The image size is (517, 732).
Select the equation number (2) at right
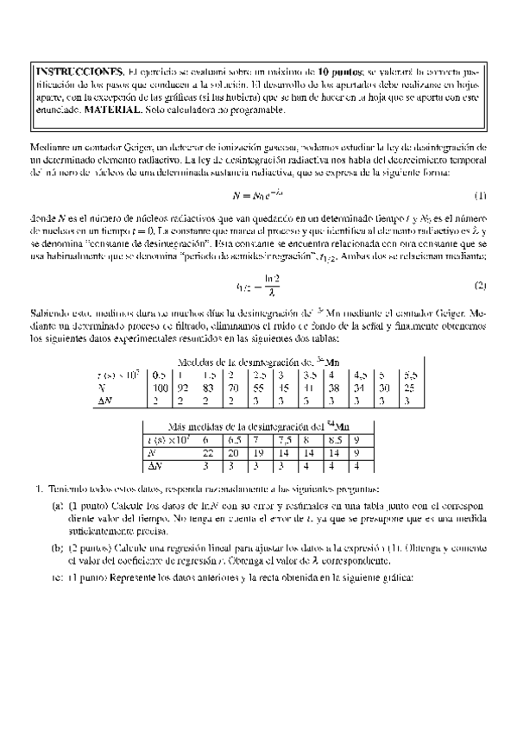[481, 262]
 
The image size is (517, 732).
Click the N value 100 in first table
[159, 388]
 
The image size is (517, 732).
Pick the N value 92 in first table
[182, 388]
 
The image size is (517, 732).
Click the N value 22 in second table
[208, 452]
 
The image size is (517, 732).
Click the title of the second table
[257, 427]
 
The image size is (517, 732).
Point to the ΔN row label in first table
[106, 401]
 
